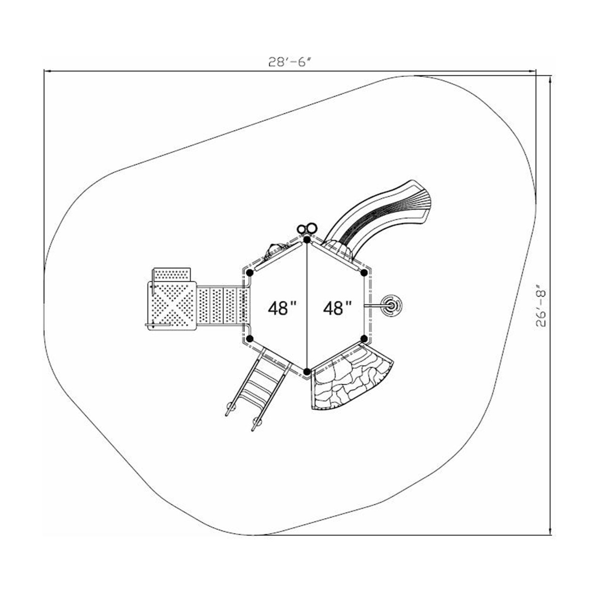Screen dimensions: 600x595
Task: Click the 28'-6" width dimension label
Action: pos(290,62)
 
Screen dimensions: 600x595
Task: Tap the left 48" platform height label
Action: pos(282,308)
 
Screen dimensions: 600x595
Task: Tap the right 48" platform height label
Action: pos(338,308)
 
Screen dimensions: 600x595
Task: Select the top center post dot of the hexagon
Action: pos(307,240)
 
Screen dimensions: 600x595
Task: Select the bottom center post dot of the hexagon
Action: pos(307,372)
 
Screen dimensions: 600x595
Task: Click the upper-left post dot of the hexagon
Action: pos(249,273)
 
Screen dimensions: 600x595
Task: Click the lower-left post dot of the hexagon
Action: pos(249,339)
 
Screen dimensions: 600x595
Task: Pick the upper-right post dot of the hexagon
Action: pos(364,273)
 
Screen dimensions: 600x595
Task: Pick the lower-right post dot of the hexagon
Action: pos(364,338)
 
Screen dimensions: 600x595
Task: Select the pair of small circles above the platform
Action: pos(307,229)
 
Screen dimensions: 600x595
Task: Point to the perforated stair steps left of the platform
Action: pos(221,306)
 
